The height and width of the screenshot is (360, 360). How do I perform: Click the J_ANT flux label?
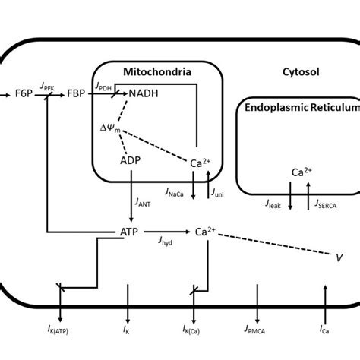pos(143,201)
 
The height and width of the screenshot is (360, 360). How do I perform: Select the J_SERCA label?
pos(323,204)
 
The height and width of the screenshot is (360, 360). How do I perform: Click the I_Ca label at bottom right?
pos(324,332)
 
